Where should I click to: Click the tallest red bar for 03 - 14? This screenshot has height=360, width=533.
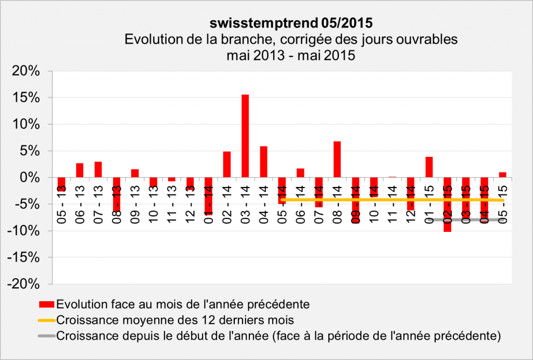pos(245,136)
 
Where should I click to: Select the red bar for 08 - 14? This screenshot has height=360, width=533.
pos(337,159)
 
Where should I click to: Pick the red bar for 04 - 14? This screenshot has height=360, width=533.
pos(263,162)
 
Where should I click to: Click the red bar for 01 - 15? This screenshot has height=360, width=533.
pos(429,167)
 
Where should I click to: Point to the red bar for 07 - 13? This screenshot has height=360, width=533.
pos(98,169)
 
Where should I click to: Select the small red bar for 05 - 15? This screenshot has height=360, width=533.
pos(503,175)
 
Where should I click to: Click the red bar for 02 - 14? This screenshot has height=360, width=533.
pos(227,164)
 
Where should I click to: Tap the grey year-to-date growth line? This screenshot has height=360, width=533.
pos(468,220)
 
